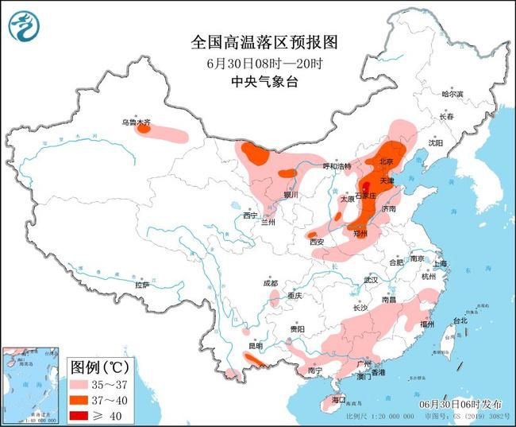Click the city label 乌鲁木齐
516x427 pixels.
click(x=135, y=122)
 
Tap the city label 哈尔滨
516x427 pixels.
click(x=452, y=94)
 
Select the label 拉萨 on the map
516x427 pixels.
click(x=142, y=285)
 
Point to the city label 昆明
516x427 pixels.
click(x=255, y=346)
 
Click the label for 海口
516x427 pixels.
click(x=340, y=398)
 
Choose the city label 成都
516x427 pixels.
click(x=271, y=283)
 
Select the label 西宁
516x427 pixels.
click(x=251, y=215)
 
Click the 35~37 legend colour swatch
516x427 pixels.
click(x=82, y=383)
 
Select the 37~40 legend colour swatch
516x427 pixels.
click(x=82, y=398)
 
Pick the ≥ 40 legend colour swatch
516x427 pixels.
click(x=82, y=413)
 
